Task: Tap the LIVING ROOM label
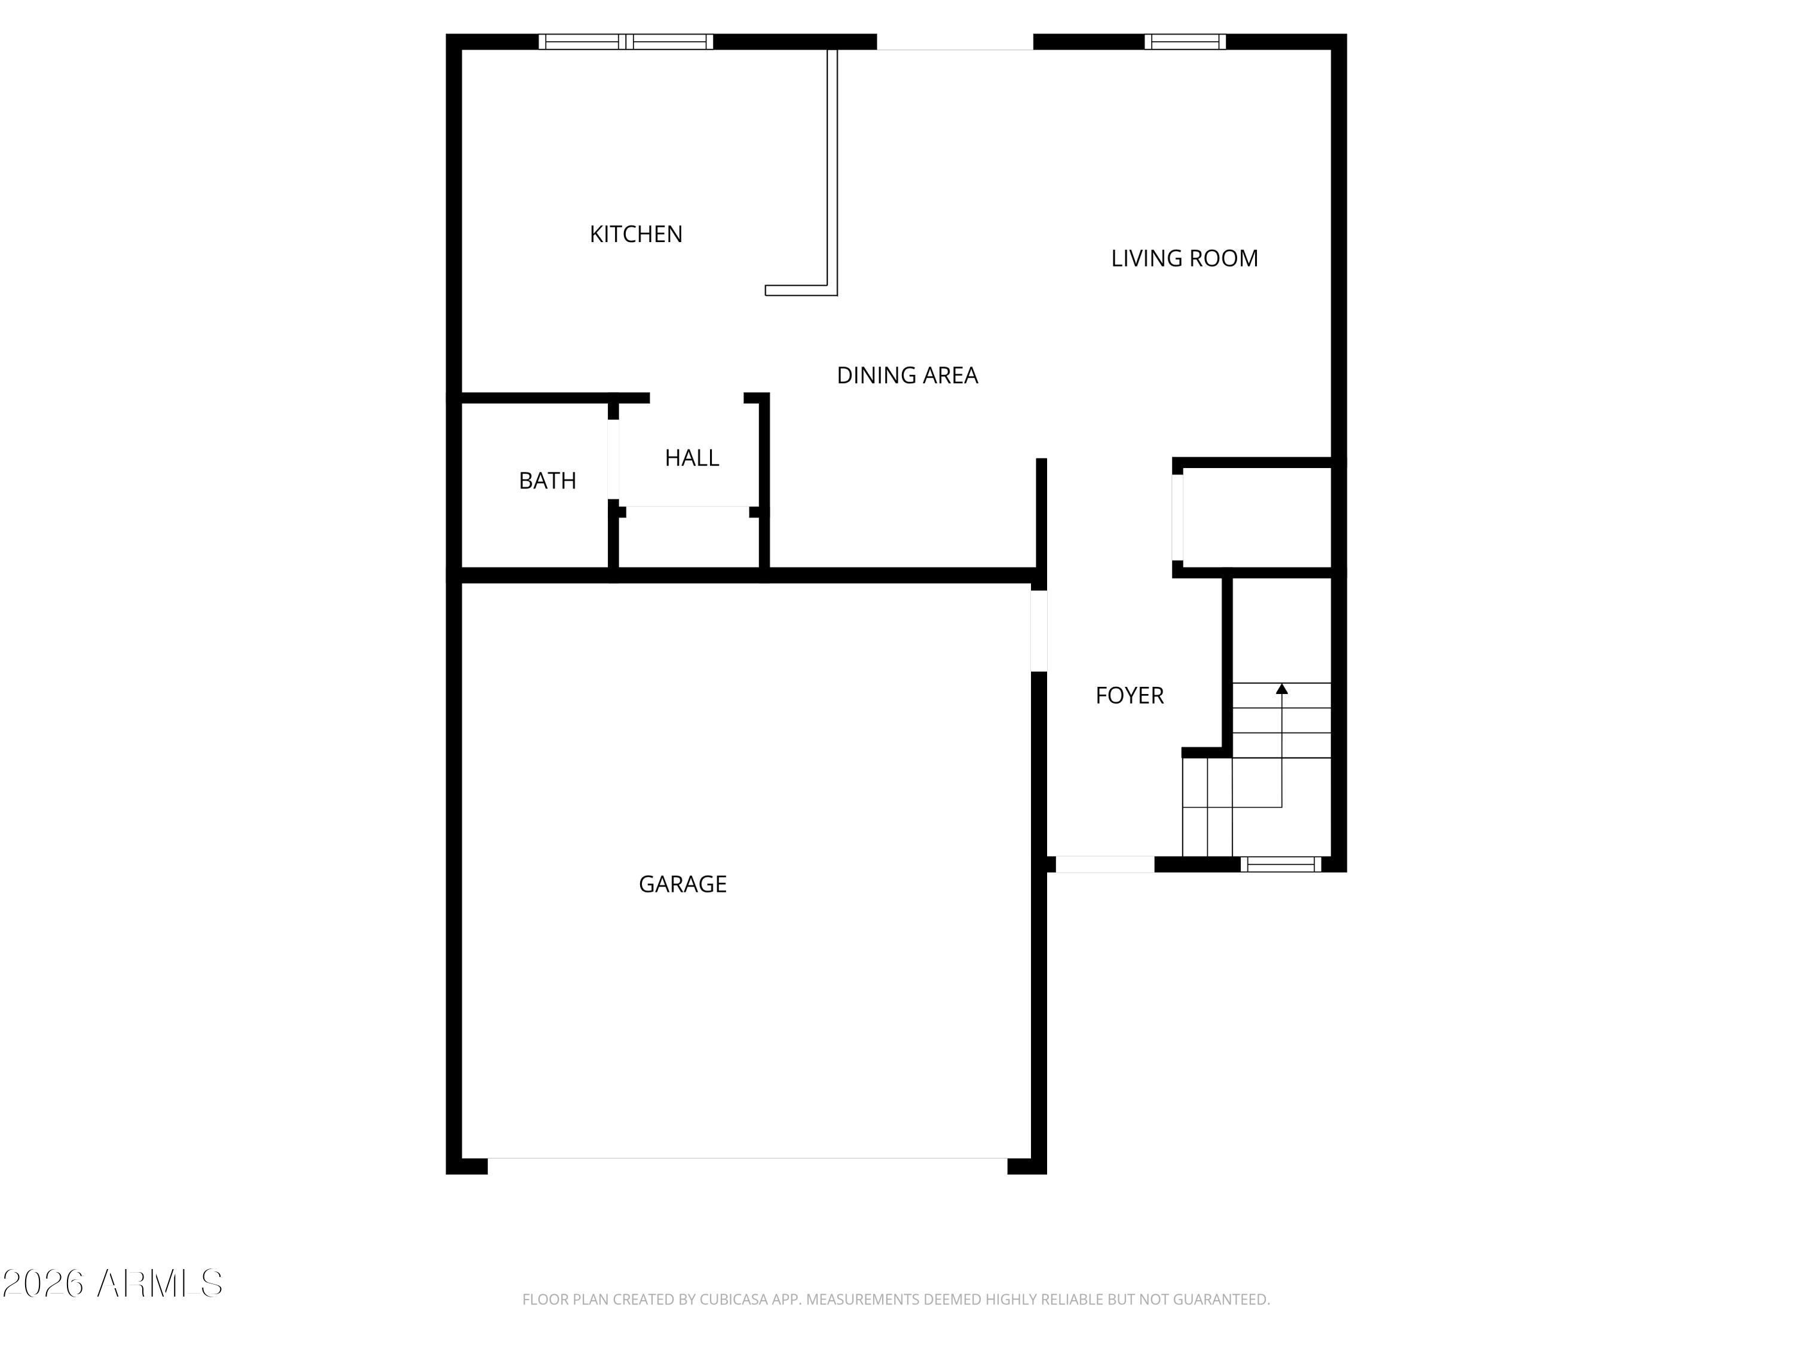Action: click(1183, 259)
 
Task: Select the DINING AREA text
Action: click(907, 375)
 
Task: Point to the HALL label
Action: click(692, 458)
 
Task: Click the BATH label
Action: click(547, 481)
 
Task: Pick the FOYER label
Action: click(1129, 696)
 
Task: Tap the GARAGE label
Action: click(683, 884)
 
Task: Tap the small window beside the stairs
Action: click(1281, 864)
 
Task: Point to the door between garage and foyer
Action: click(1038, 631)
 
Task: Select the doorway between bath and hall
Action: click(614, 459)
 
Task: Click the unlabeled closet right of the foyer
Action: click(1256, 519)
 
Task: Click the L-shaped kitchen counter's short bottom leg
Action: click(800, 291)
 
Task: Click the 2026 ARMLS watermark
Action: click(113, 1283)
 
